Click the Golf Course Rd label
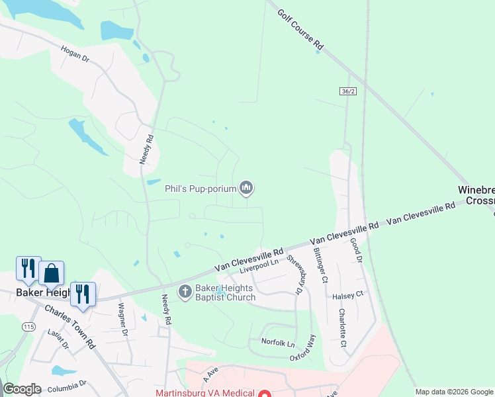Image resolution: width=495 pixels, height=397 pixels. [x=300, y=30]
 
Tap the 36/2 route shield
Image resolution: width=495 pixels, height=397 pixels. [x=349, y=91]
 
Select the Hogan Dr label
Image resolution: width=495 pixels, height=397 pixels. [x=74, y=54]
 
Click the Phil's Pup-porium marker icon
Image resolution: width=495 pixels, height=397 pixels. [x=247, y=189]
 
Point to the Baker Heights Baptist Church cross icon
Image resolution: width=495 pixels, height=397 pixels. [x=186, y=291]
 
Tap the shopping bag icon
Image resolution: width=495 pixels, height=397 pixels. [x=51, y=273]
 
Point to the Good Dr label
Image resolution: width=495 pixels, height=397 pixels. [x=357, y=251]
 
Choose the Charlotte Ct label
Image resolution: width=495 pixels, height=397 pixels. [x=342, y=328]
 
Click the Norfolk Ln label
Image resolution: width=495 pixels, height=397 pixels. [x=277, y=343]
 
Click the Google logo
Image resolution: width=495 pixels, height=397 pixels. [x=22, y=389]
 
